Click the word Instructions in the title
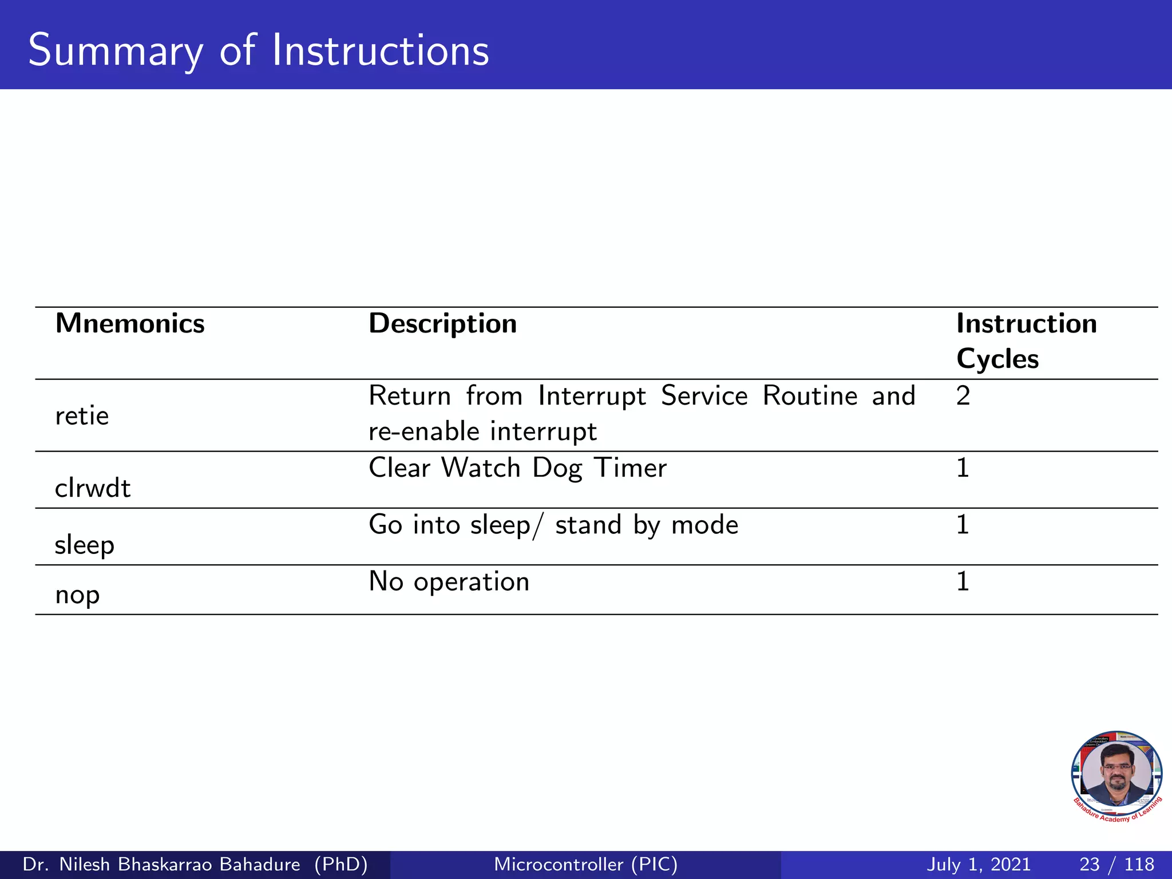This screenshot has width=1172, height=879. [x=380, y=50]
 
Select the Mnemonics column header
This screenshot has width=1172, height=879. [x=130, y=324]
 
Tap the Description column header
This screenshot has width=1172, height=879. [x=442, y=324]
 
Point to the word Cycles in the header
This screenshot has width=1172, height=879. [x=997, y=359]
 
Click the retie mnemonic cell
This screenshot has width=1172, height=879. [x=82, y=416]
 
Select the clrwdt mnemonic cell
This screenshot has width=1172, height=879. [x=93, y=488]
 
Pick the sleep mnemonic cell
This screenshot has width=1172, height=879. [x=85, y=545]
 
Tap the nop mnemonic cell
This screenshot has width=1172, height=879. [x=77, y=595]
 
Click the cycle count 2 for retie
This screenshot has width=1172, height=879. [x=963, y=396]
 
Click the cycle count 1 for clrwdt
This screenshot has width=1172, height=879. [x=963, y=468]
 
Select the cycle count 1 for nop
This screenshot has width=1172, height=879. [x=963, y=581]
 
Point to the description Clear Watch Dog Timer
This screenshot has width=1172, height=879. [x=517, y=468]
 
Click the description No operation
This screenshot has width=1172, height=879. [x=449, y=581]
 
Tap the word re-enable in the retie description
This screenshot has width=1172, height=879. [x=423, y=431]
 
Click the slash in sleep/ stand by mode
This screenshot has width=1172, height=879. [x=536, y=525]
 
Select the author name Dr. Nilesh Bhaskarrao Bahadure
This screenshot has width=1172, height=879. [x=161, y=864]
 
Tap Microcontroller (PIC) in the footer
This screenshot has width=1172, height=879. [x=585, y=864]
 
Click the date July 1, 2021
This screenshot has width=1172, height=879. [x=978, y=864]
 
